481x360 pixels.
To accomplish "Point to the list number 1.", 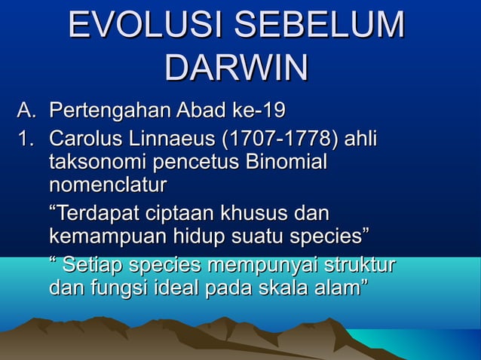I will click(x=25, y=141).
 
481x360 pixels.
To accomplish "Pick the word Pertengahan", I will click(x=110, y=113).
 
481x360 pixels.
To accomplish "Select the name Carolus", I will click(x=88, y=141).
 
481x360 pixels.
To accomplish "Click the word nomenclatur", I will click(x=107, y=184).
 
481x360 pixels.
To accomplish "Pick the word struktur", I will click(x=360, y=266).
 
